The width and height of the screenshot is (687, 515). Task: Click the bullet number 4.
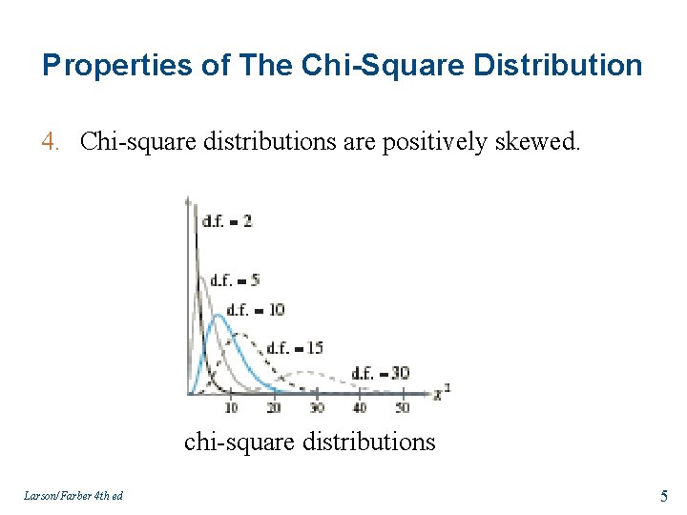[x=52, y=142]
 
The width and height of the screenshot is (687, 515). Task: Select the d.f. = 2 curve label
[x=227, y=221]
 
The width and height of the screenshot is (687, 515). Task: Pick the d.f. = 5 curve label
[x=235, y=280]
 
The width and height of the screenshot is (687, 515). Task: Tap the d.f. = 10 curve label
[x=256, y=310]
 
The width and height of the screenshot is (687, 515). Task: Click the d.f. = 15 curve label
[x=296, y=348]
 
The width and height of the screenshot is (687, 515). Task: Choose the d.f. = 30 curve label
[x=380, y=373]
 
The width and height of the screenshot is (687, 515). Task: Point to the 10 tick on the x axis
[x=231, y=407]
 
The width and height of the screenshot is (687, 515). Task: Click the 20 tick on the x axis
[x=274, y=407]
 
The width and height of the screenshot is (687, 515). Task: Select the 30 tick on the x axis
[x=317, y=407]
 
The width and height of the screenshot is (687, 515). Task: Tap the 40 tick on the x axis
[x=360, y=407]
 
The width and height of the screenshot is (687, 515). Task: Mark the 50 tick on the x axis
[x=402, y=407]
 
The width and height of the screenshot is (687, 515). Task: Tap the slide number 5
[x=663, y=495]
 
